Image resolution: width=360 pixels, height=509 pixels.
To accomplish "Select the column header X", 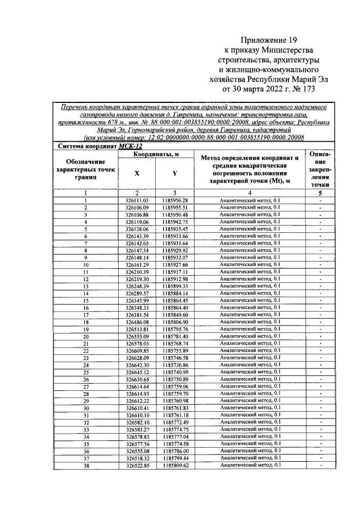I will (x=137, y=174).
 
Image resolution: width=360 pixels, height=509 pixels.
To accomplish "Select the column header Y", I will (x=175, y=174).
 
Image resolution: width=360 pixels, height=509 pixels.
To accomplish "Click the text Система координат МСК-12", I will (x=97, y=146).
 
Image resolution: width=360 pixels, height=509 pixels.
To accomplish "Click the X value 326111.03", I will (x=137, y=200).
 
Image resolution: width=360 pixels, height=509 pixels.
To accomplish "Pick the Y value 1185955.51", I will (x=175, y=208).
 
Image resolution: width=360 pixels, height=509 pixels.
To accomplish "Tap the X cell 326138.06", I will (x=137, y=229).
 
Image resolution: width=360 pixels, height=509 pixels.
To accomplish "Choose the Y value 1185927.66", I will (x=175, y=264).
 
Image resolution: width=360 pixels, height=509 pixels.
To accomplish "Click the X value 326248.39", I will (x=137, y=286).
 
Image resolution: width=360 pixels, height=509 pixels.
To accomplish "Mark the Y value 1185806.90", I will (x=175, y=322).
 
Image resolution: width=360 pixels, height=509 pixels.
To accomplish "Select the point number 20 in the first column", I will (x=86, y=336).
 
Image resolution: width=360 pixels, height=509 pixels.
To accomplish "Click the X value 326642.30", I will (x=137, y=365).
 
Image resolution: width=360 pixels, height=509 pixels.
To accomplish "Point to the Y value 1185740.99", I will (x=175, y=372).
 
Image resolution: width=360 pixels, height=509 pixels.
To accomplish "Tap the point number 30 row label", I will (x=86, y=408).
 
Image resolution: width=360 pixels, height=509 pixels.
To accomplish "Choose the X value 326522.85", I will (x=137, y=466).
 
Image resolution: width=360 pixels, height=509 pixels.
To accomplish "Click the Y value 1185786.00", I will (x=175, y=451).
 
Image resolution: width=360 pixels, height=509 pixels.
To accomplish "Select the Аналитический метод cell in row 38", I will (x=249, y=466).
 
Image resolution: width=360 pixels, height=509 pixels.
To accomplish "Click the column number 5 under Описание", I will (x=319, y=193).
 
